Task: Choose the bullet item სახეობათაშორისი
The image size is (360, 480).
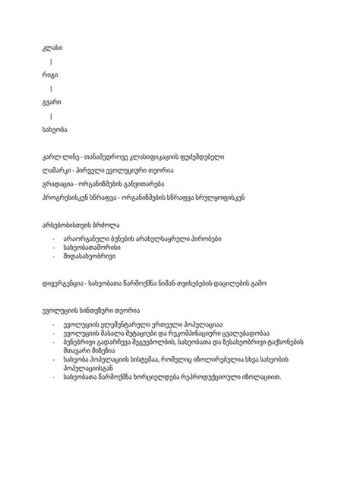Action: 94,249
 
